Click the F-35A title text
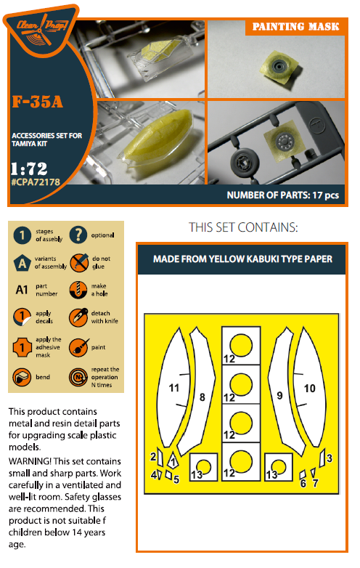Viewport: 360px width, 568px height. click(x=38, y=102)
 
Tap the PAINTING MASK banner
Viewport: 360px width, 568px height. click(x=295, y=27)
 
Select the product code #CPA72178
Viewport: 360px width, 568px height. click(x=36, y=182)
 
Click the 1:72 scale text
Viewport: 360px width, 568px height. click(x=29, y=169)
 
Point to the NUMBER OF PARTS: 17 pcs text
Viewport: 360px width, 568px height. click(x=282, y=195)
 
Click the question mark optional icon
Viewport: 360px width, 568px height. click(x=78, y=235)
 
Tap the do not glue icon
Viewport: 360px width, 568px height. click(x=79, y=263)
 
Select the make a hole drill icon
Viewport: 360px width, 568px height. click(x=78, y=290)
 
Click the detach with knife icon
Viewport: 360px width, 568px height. click(x=78, y=317)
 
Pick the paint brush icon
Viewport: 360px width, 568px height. click(x=78, y=347)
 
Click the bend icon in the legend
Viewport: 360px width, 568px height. click(x=22, y=377)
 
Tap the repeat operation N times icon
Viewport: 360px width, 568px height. click(x=78, y=377)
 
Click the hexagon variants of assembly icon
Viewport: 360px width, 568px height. click(x=22, y=263)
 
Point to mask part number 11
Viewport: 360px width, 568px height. click(x=174, y=388)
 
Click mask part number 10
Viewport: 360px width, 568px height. click(x=310, y=389)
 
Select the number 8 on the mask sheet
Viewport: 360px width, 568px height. click(x=202, y=397)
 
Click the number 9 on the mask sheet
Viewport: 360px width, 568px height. click(x=279, y=395)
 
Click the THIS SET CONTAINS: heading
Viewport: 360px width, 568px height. click(x=243, y=227)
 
